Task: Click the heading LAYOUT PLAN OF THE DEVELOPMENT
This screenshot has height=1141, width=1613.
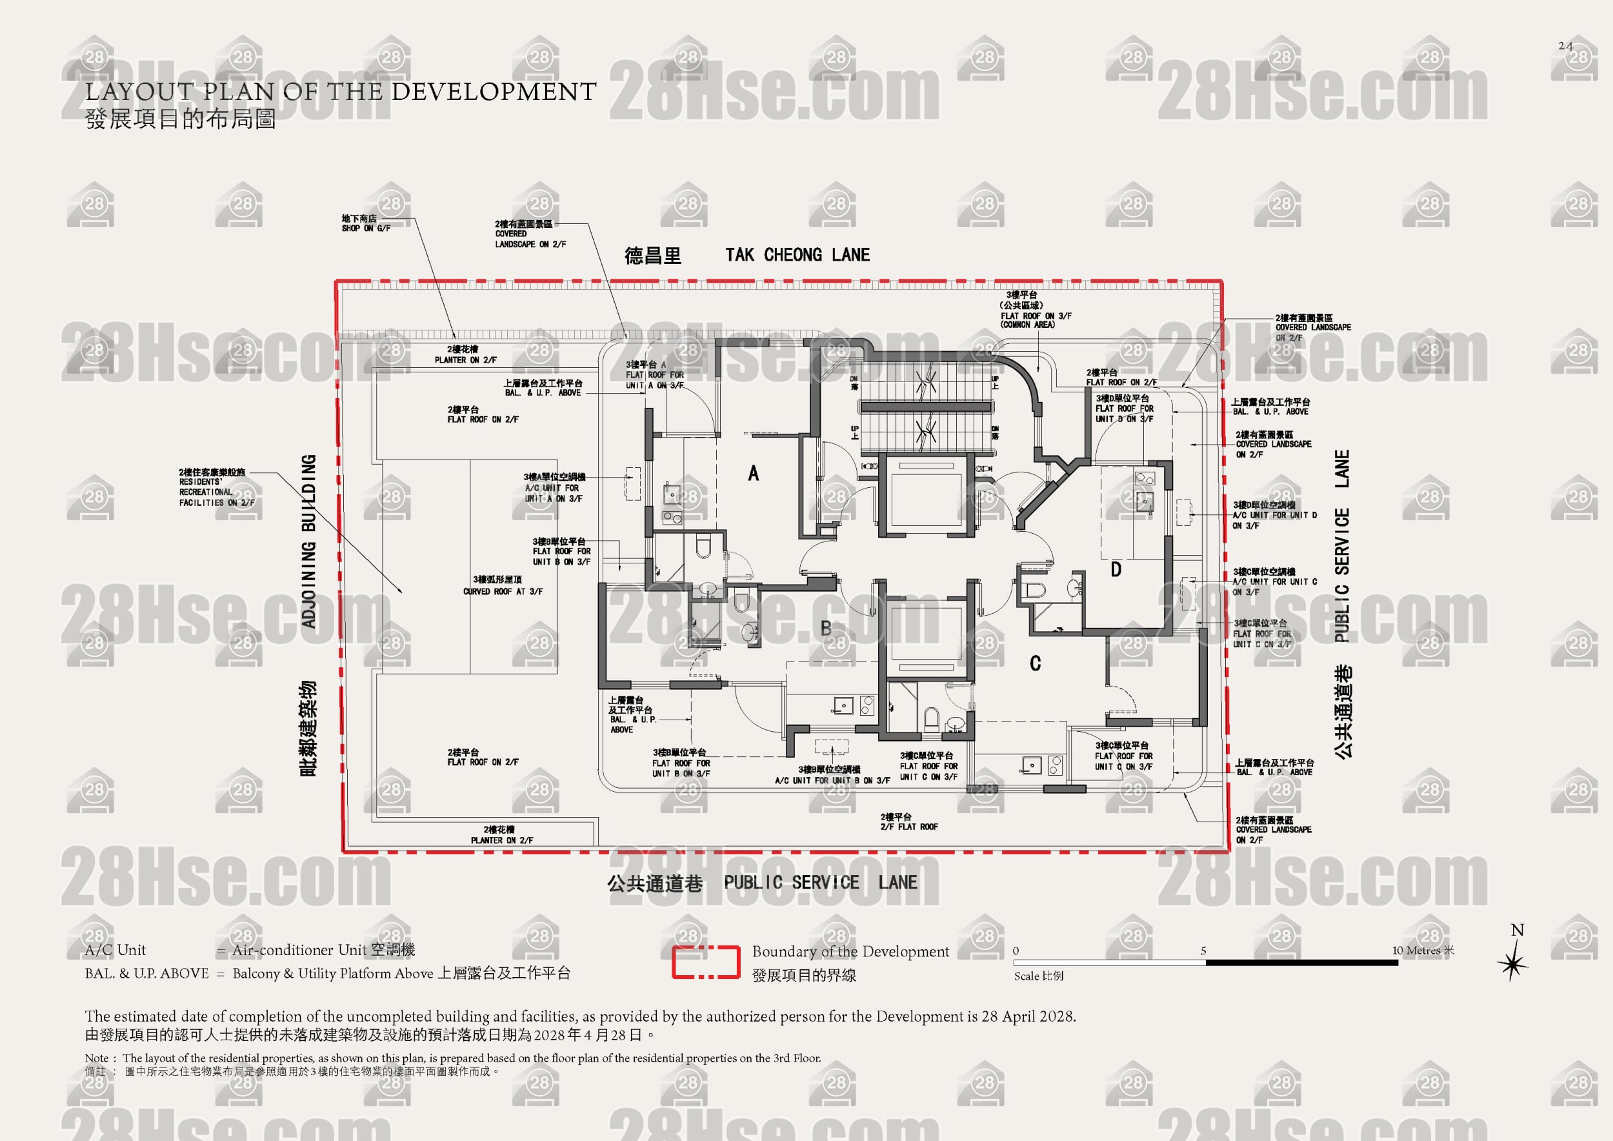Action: (341, 92)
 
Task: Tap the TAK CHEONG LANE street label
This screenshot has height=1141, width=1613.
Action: (797, 255)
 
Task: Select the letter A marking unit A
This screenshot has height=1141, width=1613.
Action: (753, 474)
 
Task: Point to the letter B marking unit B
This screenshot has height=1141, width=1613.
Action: (826, 627)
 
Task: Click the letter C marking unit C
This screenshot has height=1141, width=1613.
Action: (1035, 663)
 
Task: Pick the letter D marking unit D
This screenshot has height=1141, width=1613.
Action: (1116, 570)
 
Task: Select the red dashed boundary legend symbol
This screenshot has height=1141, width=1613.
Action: (705, 962)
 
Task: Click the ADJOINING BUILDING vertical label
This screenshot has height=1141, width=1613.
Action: (308, 541)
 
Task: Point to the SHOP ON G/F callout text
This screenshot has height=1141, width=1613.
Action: (366, 228)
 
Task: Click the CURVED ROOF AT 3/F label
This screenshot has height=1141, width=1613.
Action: (503, 592)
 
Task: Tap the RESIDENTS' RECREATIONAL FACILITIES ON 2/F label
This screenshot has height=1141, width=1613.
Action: (215, 492)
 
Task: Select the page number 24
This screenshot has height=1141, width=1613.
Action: (1565, 46)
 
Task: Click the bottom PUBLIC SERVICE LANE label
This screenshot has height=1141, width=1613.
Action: (820, 882)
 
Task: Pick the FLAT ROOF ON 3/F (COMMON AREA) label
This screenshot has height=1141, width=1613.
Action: (1036, 320)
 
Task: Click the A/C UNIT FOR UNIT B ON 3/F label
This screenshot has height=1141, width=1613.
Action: (832, 780)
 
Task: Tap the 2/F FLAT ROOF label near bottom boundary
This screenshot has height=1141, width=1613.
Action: (909, 827)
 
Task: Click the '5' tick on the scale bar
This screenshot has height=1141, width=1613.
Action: (1203, 951)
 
